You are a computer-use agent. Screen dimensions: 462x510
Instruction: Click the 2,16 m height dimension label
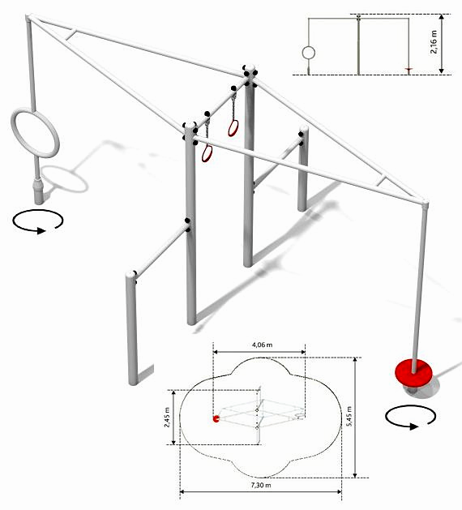pos(434,41)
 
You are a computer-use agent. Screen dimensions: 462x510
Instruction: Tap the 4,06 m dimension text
pos(263,345)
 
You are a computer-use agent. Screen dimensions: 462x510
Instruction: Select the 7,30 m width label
pos(261,486)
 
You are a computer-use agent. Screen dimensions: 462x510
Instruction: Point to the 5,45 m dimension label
pos(349,418)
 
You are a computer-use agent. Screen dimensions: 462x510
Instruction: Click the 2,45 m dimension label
pos(167,417)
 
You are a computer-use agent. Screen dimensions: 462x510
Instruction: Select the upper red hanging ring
pos(233,128)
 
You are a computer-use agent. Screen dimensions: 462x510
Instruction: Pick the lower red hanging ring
pos(207,153)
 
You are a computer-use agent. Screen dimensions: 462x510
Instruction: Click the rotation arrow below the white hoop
pos(38,221)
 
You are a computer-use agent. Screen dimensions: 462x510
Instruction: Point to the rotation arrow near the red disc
pos(410,418)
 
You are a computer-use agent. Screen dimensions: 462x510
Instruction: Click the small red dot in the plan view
pos(216,419)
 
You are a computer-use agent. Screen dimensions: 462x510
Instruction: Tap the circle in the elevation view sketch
pos(308,53)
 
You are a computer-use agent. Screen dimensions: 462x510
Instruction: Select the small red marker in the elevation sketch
pos(409,69)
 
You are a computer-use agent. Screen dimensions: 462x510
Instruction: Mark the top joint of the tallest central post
pos(250,72)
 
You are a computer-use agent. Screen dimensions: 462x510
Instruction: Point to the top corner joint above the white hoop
pos(29,18)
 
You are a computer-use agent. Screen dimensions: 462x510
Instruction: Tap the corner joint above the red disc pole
pos(424,204)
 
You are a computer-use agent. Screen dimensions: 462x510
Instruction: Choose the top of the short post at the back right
pos(303,129)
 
